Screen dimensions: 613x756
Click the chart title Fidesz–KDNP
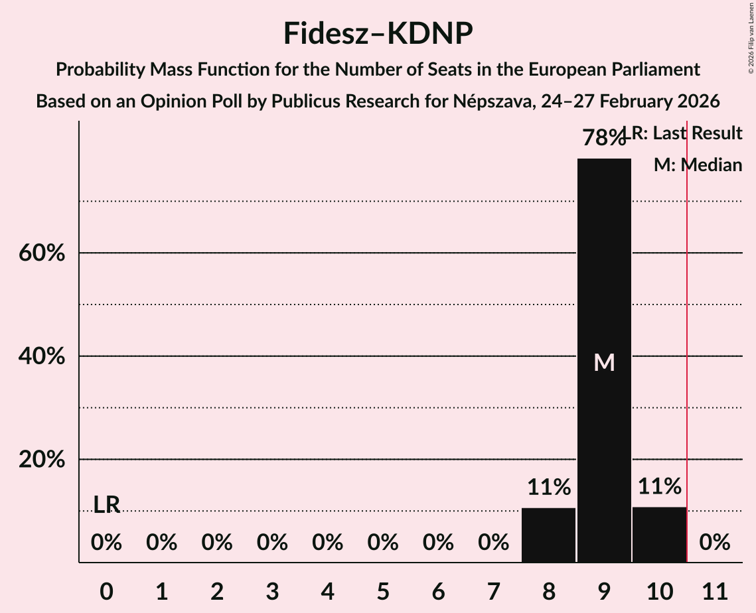378,33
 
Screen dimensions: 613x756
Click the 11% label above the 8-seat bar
548,488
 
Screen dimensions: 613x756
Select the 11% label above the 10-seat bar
659,486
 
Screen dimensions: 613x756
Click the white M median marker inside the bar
604,362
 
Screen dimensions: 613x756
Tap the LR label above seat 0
106,505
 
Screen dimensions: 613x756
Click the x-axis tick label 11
715,590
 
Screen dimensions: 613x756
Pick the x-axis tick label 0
106,590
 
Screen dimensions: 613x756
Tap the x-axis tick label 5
383,590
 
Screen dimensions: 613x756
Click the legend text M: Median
698,165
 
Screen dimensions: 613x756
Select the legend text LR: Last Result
687,133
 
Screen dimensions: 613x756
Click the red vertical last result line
687,332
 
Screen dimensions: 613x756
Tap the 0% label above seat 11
715,543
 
